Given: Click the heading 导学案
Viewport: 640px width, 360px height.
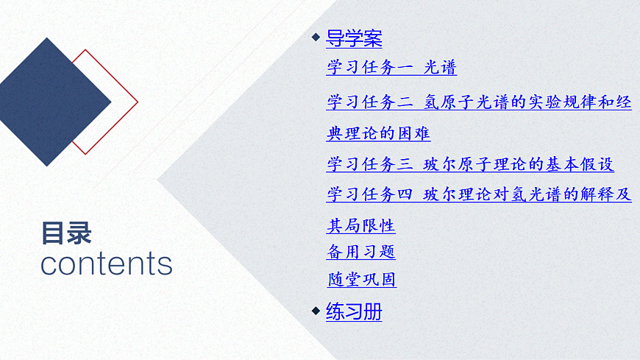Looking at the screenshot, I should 354,38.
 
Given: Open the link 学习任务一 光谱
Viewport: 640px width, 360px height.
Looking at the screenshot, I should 391,68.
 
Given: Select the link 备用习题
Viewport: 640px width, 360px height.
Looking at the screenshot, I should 360,252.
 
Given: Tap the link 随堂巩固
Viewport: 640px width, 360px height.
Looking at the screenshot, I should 361,280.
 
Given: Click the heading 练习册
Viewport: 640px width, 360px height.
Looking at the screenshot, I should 354,311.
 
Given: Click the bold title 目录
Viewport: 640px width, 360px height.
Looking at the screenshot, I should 67,233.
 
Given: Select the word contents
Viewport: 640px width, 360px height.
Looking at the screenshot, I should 106,264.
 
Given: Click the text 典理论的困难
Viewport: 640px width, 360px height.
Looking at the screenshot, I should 378,134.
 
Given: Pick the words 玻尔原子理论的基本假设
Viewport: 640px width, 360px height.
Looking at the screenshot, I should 519,164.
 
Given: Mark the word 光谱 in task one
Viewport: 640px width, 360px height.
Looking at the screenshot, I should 441,68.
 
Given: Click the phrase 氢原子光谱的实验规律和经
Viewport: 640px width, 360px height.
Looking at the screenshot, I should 527,102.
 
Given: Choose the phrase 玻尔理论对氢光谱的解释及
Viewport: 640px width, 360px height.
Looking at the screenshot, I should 527,195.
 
